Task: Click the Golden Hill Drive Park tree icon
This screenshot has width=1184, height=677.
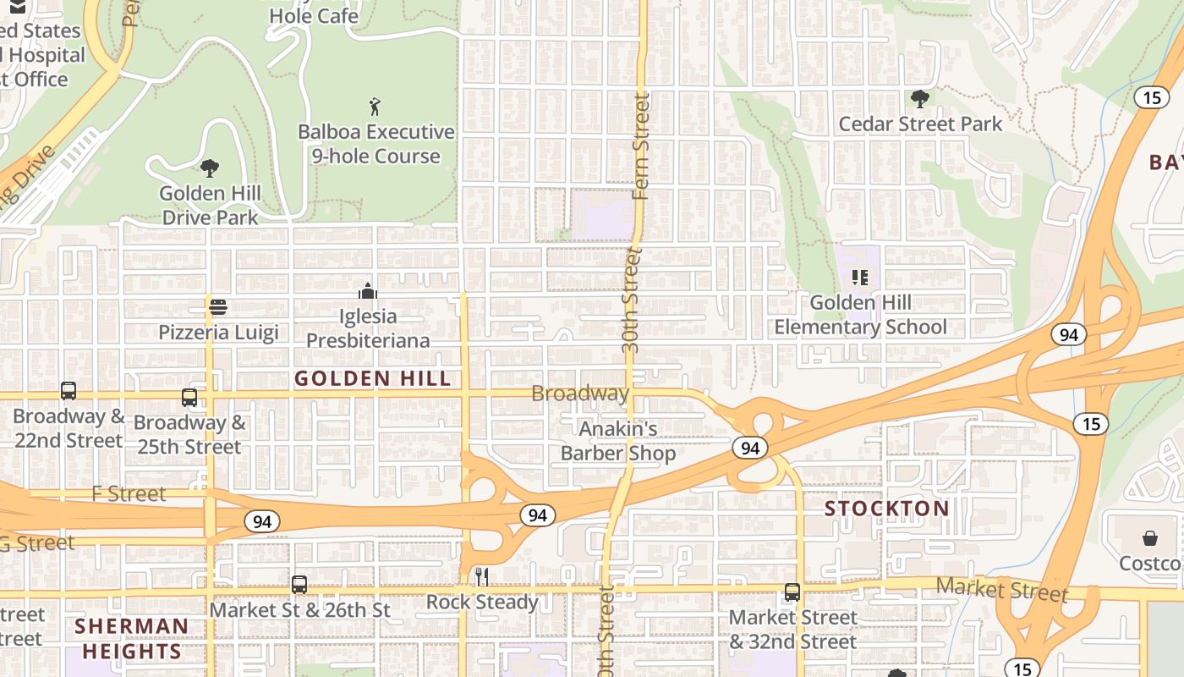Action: pos(209,168)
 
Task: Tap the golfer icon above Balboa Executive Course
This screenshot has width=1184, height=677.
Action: pos(375,107)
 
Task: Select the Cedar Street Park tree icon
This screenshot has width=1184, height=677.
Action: pos(919,99)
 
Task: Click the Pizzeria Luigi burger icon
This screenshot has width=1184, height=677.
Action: pos(218,306)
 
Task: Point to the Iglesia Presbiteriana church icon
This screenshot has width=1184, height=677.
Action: pos(368,291)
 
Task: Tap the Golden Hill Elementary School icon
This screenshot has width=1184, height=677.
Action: pos(860,277)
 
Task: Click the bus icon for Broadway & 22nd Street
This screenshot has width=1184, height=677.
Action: pos(69,391)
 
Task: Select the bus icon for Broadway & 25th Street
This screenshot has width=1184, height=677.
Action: pos(189,397)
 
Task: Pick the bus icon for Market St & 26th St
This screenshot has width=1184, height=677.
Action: pos(299,584)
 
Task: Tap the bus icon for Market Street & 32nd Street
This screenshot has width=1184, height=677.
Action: pos(792,592)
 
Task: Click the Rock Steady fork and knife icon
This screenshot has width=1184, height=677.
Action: pos(481,577)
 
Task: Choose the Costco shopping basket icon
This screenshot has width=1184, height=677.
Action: pos(1150,538)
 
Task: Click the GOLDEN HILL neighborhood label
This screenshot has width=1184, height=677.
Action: pos(373,378)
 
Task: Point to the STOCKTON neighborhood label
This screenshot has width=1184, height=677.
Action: pos(887,509)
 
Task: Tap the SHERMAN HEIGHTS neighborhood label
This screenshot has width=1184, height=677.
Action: pos(131,639)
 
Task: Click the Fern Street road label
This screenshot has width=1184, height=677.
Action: pos(641,148)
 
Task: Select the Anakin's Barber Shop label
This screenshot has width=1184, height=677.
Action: pos(618,441)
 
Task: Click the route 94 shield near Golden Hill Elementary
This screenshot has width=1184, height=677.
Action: pos(1069,334)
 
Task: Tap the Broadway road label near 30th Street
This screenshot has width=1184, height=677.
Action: pos(580,394)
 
